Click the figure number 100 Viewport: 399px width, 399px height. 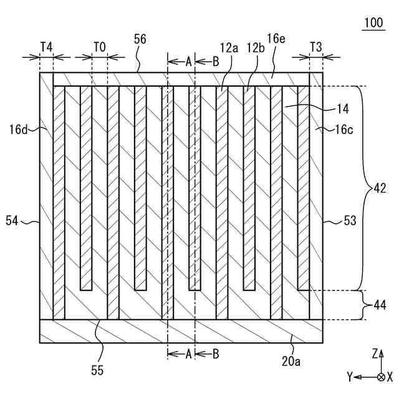tap(374, 23)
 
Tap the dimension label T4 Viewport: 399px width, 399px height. tap(46, 46)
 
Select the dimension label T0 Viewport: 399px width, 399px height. tap(100, 46)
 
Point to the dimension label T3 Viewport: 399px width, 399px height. tap(316, 46)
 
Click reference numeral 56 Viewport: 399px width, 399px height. tap(140, 39)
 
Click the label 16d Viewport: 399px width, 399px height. tap(18, 130)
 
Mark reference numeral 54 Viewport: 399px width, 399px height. tap(12, 220)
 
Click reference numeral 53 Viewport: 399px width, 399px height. tap(351, 220)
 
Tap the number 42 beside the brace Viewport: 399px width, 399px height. tap(378, 188)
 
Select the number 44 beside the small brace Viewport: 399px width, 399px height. tap(380, 305)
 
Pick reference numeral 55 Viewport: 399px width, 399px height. tap(97, 370)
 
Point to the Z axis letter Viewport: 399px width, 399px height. tap(375, 353)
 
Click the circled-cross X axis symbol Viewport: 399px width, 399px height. tap(382, 377)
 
